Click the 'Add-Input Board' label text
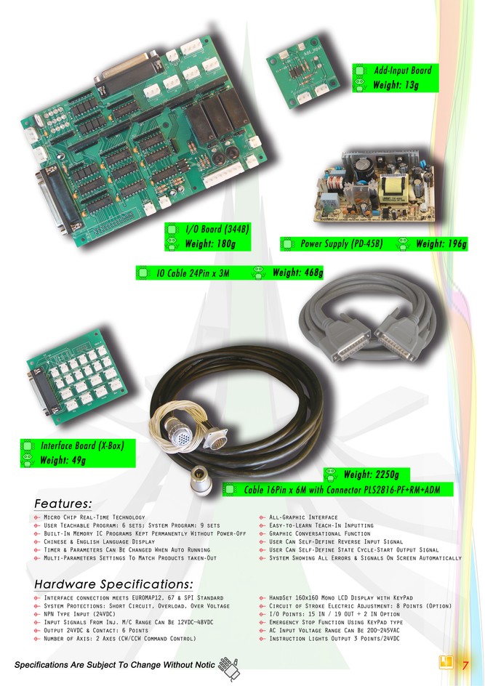402,70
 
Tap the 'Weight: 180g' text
210,243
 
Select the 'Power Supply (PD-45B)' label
342,243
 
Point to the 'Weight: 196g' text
441,243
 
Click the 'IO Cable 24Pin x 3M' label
193,273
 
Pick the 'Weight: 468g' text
297,273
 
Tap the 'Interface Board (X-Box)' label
82,445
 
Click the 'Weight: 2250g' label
371,475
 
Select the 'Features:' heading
63,504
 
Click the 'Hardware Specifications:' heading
113,584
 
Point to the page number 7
465,665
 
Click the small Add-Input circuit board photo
302,72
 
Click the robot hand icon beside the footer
229,668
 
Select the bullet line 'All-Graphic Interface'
303,517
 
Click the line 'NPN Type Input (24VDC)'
79,614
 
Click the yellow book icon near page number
446,662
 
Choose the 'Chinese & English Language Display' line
99,541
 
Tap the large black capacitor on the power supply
364,168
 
